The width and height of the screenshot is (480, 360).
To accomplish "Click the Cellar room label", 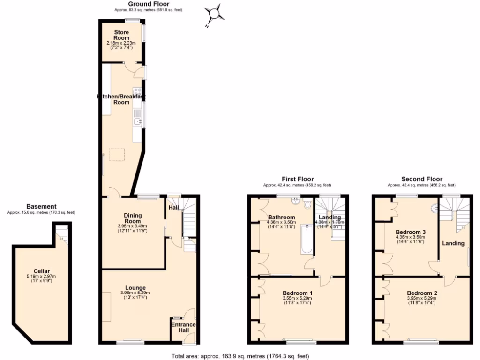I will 41,271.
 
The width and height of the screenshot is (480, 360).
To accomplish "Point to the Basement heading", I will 41,206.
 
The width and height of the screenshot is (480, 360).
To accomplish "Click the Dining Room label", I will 133,218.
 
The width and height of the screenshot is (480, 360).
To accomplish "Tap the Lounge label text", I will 135,287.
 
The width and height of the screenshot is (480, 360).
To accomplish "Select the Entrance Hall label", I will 183,327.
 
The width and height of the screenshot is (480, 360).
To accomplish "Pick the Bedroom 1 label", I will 298,293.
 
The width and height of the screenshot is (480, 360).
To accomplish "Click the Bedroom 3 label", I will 411,232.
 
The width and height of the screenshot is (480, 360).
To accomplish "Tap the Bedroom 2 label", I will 422,293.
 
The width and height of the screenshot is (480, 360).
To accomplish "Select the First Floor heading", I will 297,179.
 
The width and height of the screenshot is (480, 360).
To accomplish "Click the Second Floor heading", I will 422,179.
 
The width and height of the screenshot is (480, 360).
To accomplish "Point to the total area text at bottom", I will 240,356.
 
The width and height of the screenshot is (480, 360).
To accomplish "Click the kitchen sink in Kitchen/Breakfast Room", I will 136,122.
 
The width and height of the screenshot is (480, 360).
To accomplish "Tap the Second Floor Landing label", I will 453,243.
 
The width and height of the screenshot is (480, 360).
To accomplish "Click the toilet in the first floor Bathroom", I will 307,204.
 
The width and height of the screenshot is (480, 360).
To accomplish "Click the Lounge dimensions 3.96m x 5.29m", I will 135,293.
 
